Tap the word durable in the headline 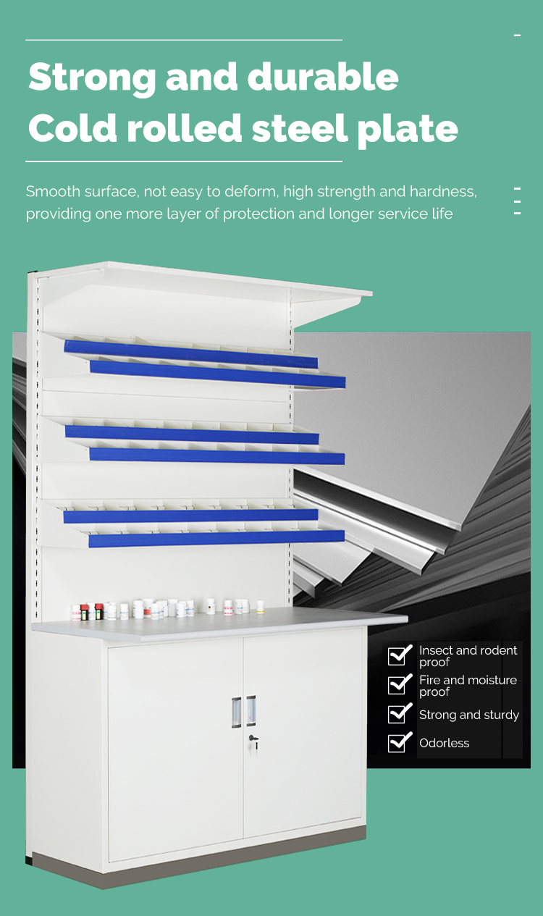[x=323, y=76]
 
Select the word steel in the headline [x=300, y=127]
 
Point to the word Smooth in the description [x=53, y=191]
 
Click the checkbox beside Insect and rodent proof [x=399, y=655]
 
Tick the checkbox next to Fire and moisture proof [x=399, y=684]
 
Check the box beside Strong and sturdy [x=399, y=713]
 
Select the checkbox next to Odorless [x=399, y=742]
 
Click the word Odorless [x=444, y=743]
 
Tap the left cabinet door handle [x=236, y=712]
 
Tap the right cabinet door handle [x=251, y=711]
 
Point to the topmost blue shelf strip [x=191, y=354]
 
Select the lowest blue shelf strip [x=216, y=539]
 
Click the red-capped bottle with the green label [x=84, y=612]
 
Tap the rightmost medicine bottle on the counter [x=260, y=607]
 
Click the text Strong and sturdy [x=469, y=715]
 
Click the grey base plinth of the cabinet [x=196, y=860]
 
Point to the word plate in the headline [x=408, y=129]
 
